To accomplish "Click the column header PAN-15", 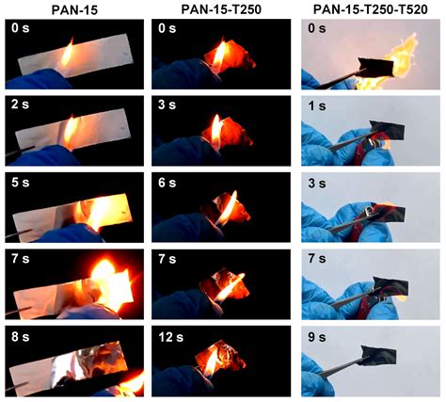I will pyautogui.click(x=72, y=8).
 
